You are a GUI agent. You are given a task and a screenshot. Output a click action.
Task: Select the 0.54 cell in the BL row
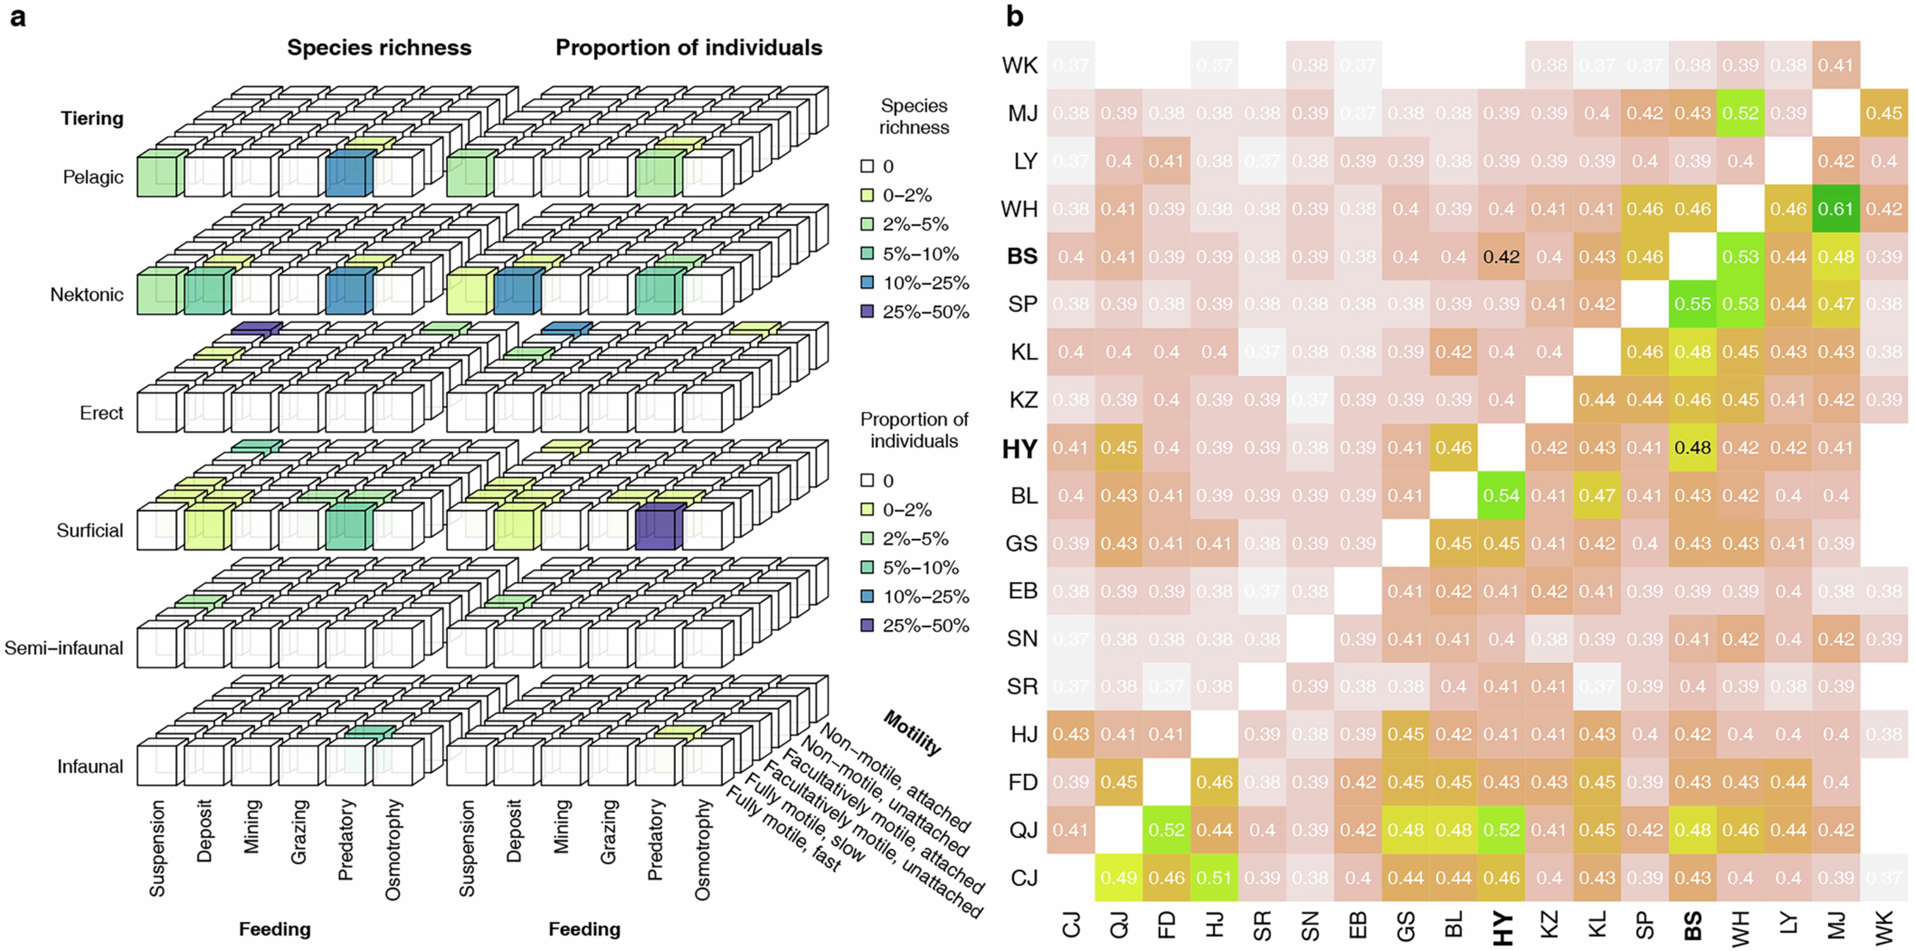(x=1501, y=495)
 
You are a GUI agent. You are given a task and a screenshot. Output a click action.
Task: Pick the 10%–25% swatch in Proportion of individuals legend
(x=867, y=597)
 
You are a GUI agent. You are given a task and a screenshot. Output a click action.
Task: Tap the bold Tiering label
(x=92, y=118)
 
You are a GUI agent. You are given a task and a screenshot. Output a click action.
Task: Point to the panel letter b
(x=1015, y=16)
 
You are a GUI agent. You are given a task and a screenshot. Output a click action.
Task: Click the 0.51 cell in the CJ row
(x=1214, y=877)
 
